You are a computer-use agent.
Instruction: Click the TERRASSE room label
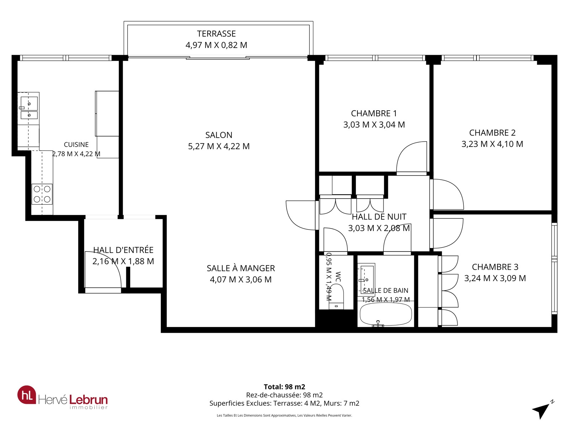click(216, 34)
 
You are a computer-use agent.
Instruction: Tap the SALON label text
click(219, 135)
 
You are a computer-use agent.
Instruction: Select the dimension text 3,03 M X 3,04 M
click(374, 125)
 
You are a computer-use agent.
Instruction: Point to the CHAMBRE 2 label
click(492, 133)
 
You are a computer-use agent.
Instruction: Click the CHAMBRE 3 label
click(495, 267)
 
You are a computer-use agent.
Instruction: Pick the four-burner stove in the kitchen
click(42, 194)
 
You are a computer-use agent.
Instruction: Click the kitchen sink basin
click(29, 104)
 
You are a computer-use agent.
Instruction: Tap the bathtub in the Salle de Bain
click(386, 314)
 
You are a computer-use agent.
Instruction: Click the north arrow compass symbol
click(541, 410)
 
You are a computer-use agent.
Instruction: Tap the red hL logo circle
click(27, 395)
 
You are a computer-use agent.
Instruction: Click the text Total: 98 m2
click(284, 387)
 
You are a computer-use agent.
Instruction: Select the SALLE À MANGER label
click(240, 268)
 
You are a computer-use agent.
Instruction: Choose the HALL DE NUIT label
click(379, 217)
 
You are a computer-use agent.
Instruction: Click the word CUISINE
click(76, 145)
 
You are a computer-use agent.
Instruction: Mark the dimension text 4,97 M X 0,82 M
click(216, 45)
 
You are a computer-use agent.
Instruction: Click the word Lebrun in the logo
click(88, 400)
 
